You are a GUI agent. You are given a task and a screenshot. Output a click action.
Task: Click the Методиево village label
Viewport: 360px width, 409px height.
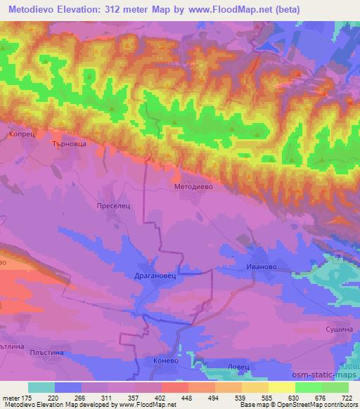point(193,188)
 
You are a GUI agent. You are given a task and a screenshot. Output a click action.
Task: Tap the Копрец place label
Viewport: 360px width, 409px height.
point(20,132)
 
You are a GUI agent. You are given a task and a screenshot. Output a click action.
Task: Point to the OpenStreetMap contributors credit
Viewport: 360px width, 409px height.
point(316,405)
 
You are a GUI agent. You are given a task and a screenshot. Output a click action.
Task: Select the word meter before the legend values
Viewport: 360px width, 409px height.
point(9,397)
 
